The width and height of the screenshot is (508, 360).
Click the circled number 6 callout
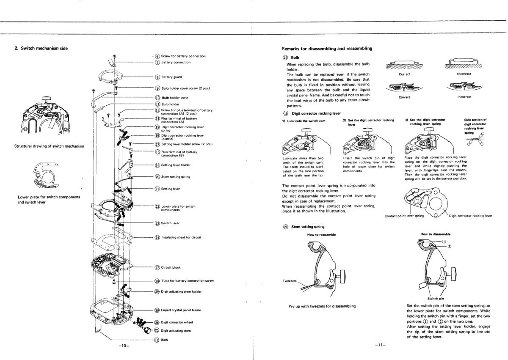click(x=157, y=56)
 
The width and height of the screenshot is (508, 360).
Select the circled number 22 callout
click(x=157, y=206)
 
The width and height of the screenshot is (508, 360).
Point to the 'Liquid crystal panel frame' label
click(x=181, y=310)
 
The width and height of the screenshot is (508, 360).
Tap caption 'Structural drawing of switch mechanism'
click(x=49, y=146)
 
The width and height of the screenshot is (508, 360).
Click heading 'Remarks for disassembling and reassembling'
click(x=327, y=49)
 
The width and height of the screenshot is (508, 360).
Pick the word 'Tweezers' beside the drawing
click(x=291, y=281)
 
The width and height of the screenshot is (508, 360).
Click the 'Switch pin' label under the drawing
click(x=436, y=298)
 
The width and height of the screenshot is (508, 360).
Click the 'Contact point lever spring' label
click(x=404, y=216)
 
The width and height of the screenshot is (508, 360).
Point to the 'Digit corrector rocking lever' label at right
click(x=470, y=216)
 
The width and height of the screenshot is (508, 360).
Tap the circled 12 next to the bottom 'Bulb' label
click(x=157, y=340)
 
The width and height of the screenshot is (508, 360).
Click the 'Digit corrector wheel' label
click(x=177, y=322)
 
